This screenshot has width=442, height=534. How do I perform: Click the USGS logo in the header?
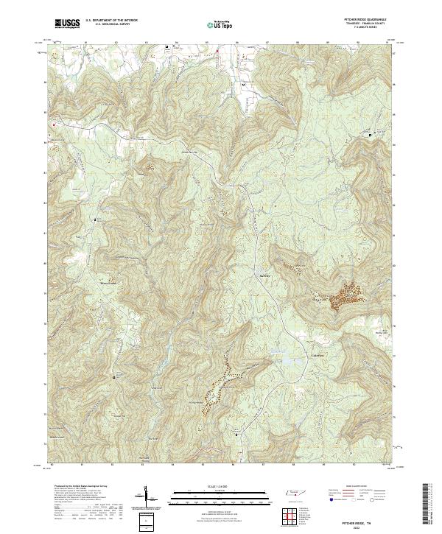click(x=67, y=24)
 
